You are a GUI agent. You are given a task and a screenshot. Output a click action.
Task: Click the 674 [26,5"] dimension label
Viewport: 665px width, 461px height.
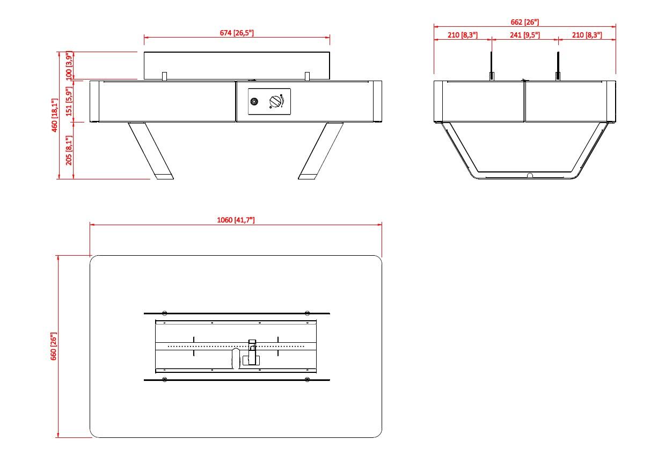[237, 33]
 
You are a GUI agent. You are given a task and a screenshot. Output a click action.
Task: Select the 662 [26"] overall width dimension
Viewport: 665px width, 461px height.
[524, 22]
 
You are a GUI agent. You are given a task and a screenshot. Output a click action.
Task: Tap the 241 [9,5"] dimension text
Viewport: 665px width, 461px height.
[524, 35]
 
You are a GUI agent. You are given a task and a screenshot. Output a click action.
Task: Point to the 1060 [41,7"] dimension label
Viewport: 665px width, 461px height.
[237, 220]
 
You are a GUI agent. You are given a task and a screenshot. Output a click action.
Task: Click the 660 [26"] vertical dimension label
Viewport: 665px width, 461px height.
[54, 347]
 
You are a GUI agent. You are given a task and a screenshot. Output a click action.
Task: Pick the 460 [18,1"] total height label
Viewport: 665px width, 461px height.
[54, 115]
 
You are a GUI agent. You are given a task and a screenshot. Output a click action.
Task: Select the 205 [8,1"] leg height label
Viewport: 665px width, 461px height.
[69, 150]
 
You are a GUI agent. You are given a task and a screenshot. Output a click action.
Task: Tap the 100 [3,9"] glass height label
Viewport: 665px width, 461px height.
[69, 66]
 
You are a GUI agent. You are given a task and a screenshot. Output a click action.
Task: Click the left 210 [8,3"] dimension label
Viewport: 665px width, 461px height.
[462, 35]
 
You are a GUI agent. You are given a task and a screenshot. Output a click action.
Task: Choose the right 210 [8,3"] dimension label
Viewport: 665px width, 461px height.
[586, 35]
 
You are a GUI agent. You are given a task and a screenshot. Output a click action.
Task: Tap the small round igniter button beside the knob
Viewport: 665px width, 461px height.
[254, 101]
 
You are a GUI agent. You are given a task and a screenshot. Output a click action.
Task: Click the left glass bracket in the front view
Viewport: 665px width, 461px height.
[165, 75]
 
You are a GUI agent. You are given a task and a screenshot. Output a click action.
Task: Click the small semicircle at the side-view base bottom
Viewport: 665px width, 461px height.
[529, 175]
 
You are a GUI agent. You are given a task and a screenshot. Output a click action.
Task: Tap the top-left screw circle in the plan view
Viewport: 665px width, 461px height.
[165, 313]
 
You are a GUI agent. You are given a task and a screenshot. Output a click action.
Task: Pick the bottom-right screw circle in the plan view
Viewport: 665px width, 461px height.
[307, 380]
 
